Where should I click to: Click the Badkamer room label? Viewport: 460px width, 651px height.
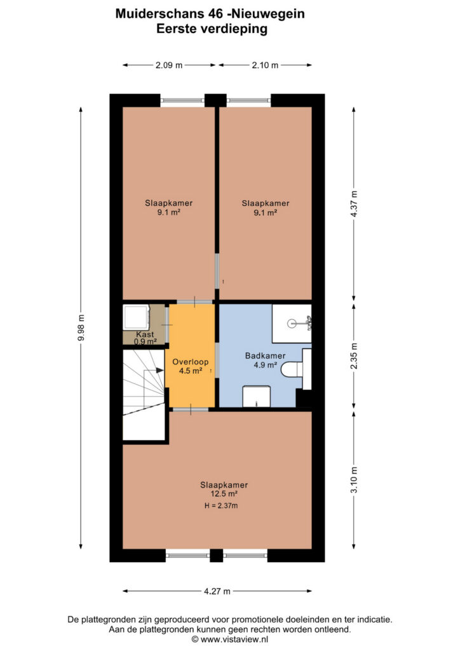click(265, 356)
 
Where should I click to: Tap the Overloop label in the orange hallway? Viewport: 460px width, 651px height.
click(191, 362)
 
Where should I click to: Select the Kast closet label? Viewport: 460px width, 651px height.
click(145, 334)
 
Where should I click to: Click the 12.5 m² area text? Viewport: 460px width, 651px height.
click(224, 493)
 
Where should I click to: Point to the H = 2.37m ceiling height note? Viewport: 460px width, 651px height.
click(221, 505)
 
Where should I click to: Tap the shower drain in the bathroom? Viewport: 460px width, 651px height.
click(292, 322)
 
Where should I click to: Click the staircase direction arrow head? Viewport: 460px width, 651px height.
click(159, 370)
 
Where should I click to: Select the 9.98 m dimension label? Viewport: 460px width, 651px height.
click(81, 327)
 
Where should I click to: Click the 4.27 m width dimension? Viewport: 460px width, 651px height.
click(217, 591)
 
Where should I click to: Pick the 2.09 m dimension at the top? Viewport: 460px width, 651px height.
click(169, 65)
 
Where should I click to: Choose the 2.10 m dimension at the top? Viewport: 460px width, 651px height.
click(265, 65)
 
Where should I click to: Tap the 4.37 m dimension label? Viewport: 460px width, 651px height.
click(354, 204)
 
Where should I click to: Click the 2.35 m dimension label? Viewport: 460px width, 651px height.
click(354, 356)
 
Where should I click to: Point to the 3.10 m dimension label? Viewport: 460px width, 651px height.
click(354, 479)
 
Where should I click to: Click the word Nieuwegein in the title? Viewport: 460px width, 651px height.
click(268, 14)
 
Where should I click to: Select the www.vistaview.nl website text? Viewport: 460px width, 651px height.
click(234, 640)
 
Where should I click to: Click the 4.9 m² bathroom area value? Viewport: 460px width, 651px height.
click(266, 366)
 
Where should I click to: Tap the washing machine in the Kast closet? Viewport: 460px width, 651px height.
click(136, 317)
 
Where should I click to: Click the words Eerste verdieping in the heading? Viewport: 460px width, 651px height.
click(212, 29)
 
